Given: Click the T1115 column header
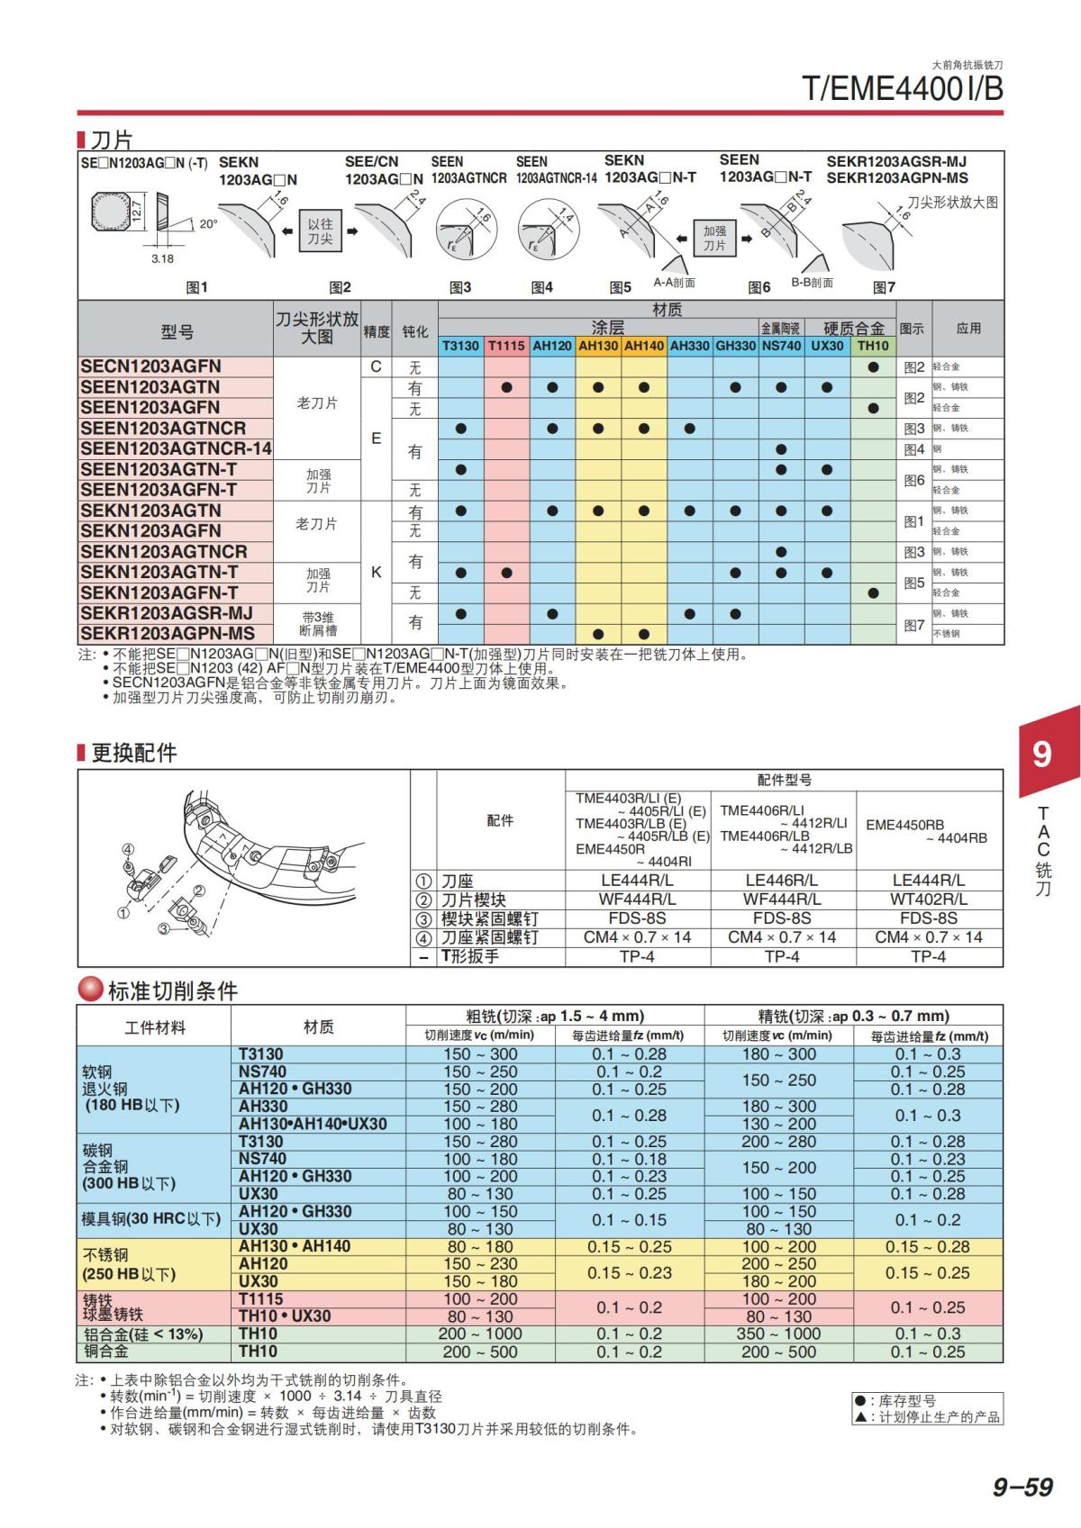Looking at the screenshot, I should pyautogui.click(x=506, y=346).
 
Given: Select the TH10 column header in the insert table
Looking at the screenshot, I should pyautogui.click(x=872, y=346).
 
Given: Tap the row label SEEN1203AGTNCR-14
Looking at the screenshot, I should pyautogui.click(x=176, y=448).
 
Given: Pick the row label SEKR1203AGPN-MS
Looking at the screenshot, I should pyautogui.click(x=168, y=634).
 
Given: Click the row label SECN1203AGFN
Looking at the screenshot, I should pyautogui.click(x=150, y=366).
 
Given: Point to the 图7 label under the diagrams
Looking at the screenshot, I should pyautogui.click(x=884, y=287).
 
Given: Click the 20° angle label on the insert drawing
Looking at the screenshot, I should pyautogui.click(x=208, y=224).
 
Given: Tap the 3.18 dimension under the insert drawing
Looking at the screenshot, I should pyautogui.click(x=162, y=258).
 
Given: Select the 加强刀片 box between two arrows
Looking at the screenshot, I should pyautogui.click(x=714, y=239).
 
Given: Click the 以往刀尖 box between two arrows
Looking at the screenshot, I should pyautogui.click(x=320, y=231).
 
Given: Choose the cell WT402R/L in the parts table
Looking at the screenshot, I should pyautogui.click(x=928, y=900).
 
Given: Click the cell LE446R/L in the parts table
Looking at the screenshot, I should pyautogui.click(x=781, y=881).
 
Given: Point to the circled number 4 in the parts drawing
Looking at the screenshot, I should pyautogui.click(x=128, y=849).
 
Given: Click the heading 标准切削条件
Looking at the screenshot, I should pyautogui.click(x=172, y=991).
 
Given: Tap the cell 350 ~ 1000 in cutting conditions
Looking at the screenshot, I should pyautogui.click(x=778, y=1334).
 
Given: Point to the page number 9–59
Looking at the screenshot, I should pyautogui.click(x=1022, y=1487).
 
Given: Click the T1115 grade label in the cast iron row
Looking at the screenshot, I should pyautogui.click(x=260, y=1299).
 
